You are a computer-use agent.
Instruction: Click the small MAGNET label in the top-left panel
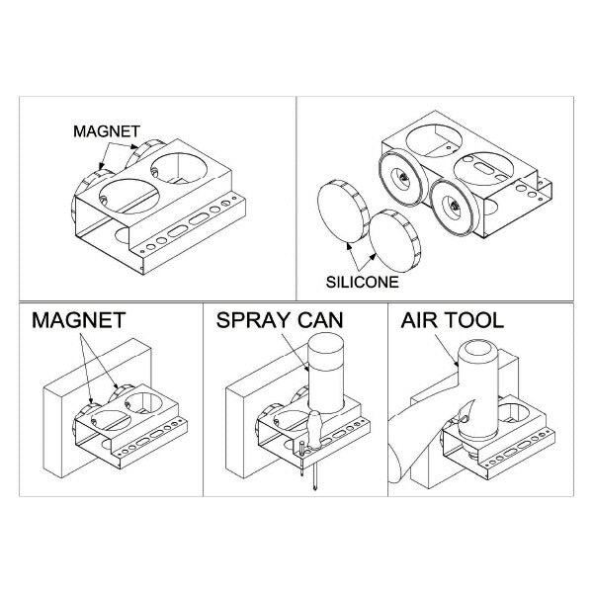coord(107,131)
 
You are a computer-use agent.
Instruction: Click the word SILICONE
coord(363,282)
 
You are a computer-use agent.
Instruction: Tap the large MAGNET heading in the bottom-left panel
coord(79,320)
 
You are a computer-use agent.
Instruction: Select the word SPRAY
coord(253,320)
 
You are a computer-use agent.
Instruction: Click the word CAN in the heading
coord(320,320)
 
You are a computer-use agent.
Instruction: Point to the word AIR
coord(419,320)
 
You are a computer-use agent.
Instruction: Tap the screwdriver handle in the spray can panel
coord(315,430)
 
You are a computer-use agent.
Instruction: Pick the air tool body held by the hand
coord(478,389)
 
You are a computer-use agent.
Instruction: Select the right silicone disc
coord(394,241)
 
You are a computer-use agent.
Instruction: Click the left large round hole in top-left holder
coord(128,197)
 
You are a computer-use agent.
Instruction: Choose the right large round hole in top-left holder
coord(179,168)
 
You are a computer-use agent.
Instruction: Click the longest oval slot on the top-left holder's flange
coord(178,230)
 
